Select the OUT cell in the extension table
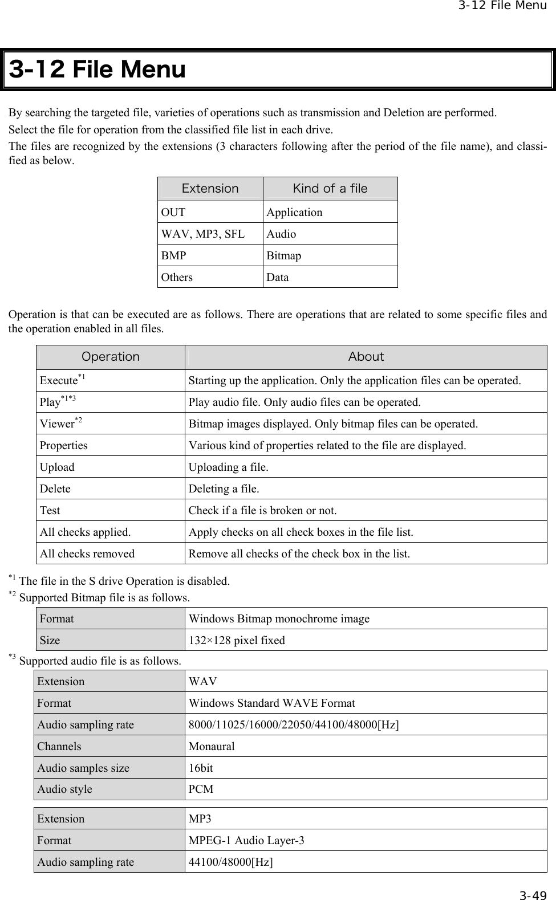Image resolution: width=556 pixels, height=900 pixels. pos(173,212)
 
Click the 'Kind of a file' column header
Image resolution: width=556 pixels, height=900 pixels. pos(330,188)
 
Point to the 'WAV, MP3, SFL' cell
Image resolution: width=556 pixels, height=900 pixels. pos(203,234)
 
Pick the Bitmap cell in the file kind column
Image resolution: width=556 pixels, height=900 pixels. pos(284,255)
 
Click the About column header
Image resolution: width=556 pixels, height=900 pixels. pos(366,357)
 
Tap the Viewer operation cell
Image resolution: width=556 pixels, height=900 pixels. pos(60,423)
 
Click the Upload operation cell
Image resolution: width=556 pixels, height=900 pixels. pos(57,467)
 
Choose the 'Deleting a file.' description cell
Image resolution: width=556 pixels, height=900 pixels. pos(224,488)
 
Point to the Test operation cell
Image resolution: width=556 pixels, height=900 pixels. pos(50,510)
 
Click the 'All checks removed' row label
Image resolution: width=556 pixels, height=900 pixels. pos(87,553)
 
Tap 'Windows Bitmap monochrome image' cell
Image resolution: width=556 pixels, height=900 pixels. pos(279,618)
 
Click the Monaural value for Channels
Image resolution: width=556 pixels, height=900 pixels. pos(212,746)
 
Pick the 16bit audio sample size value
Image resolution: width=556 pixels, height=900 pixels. pos(201,768)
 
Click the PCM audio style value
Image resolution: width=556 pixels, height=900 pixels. pos(201,789)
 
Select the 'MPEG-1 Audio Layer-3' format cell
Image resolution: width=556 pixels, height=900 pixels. pos(246,840)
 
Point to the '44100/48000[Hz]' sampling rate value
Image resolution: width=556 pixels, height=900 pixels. pos(230,862)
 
